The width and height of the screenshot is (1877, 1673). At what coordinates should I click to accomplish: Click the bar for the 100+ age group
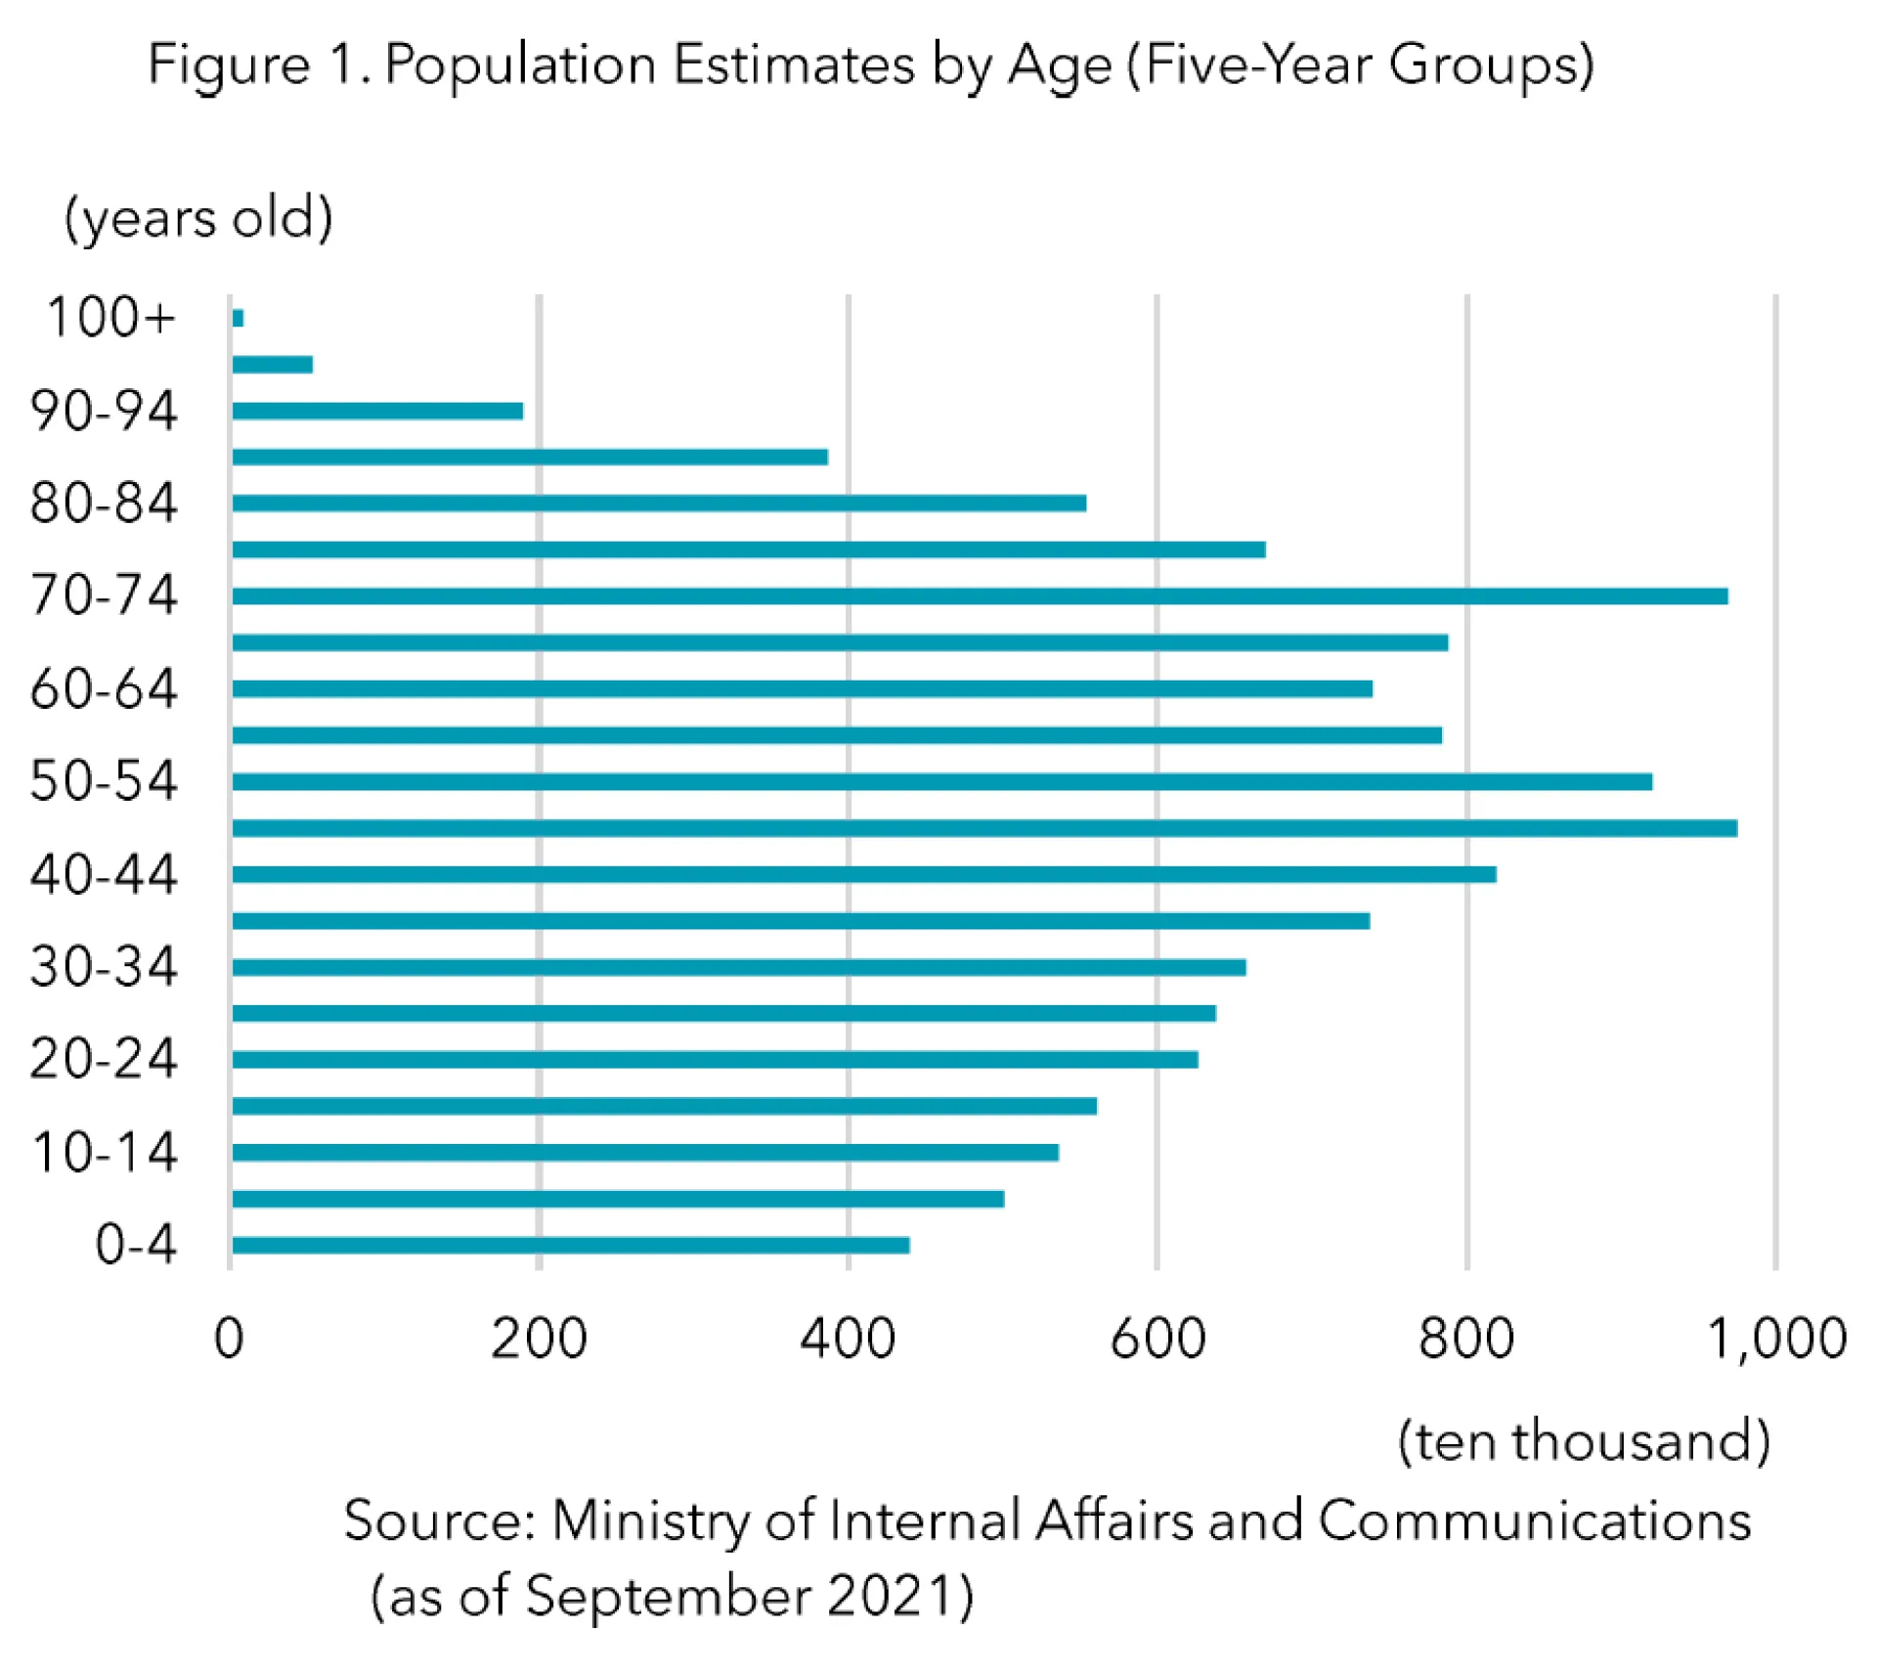(x=238, y=318)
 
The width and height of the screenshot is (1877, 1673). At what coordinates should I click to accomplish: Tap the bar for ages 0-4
(x=571, y=1245)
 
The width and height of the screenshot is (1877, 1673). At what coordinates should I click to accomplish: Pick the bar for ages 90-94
(x=377, y=411)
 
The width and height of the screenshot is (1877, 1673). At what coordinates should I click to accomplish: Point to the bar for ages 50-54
(x=941, y=781)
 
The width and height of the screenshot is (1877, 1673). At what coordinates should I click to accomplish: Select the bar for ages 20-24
(x=715, y=1059)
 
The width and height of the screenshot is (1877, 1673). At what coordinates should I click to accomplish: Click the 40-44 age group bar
(x=863, y=873)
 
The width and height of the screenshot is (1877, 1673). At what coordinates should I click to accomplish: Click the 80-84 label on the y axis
(x=104, y=504)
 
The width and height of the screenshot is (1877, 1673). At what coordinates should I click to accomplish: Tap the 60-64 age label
(x=104, y=688)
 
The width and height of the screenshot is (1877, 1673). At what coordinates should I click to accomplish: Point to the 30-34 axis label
(x=104, y=967)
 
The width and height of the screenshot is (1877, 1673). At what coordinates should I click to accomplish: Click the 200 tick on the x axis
(x=539, y=1339)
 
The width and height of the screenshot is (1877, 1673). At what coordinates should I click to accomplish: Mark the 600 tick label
(x=1157, y=1339)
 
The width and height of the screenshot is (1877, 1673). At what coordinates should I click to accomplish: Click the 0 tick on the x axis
(x=229, y=1339)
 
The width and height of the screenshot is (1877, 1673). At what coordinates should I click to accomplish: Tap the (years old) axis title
(x=198, y=217)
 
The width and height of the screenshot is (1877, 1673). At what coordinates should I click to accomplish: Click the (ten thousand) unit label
(x=1584, y=1441)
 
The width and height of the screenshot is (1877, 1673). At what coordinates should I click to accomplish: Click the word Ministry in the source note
(x=650, y=1521)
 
